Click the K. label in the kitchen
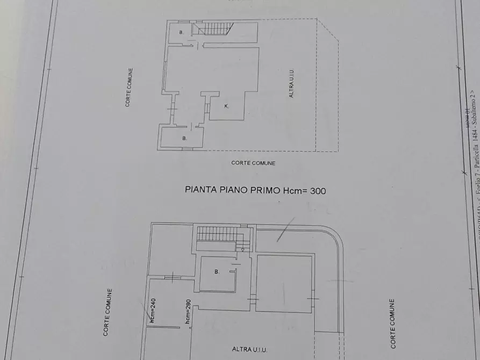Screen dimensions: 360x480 pyautogui.click(x=226, y=106)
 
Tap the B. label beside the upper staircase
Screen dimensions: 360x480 pyautogui.click(x=181, y=33)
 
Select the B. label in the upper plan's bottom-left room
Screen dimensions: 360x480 pyautogui.click(x=184, y=139)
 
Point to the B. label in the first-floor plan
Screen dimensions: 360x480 pyautogui.click(x=217, y=272)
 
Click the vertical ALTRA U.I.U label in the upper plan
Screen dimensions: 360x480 pyautogui.click(x=291, y=83)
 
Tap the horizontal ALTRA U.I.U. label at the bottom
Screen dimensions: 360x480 pyautogui.click(x=250, y=349)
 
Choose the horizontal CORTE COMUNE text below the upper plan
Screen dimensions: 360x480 pyautogui.click(x=253, y=163)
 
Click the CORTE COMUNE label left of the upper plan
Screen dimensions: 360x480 pyautogui.click(x=128, y=87)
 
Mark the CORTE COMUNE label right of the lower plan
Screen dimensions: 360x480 pyautogui.click(x=393, y=323)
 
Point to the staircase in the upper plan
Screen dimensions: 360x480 pyautogui.click(x=214, y=28)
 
